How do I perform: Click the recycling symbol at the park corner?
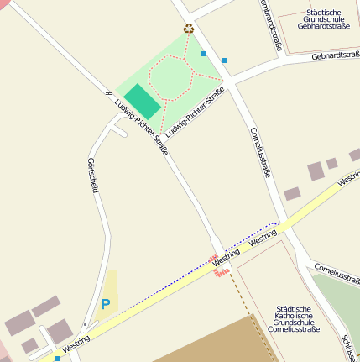point(189,29)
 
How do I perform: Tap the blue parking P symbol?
point(105,304)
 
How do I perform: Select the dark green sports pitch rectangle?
point(142,101)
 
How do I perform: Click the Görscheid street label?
point(93,175)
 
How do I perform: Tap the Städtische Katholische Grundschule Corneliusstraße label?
point(295,319)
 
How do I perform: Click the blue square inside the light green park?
point(203,53)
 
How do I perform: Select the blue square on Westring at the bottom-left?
point(57,359)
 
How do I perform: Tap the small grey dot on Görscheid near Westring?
point(85,324)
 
